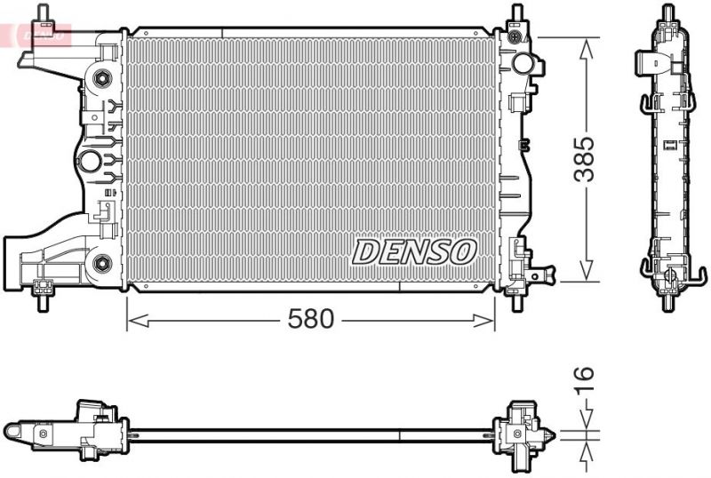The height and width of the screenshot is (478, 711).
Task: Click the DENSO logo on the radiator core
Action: (414, 251)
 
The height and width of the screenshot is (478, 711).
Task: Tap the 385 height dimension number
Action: (583, 159)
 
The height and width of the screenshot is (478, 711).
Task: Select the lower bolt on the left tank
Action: (102, 262)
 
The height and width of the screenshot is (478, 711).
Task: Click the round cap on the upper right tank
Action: (525, 64)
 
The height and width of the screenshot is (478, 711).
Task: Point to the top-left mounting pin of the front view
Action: (42, 13)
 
